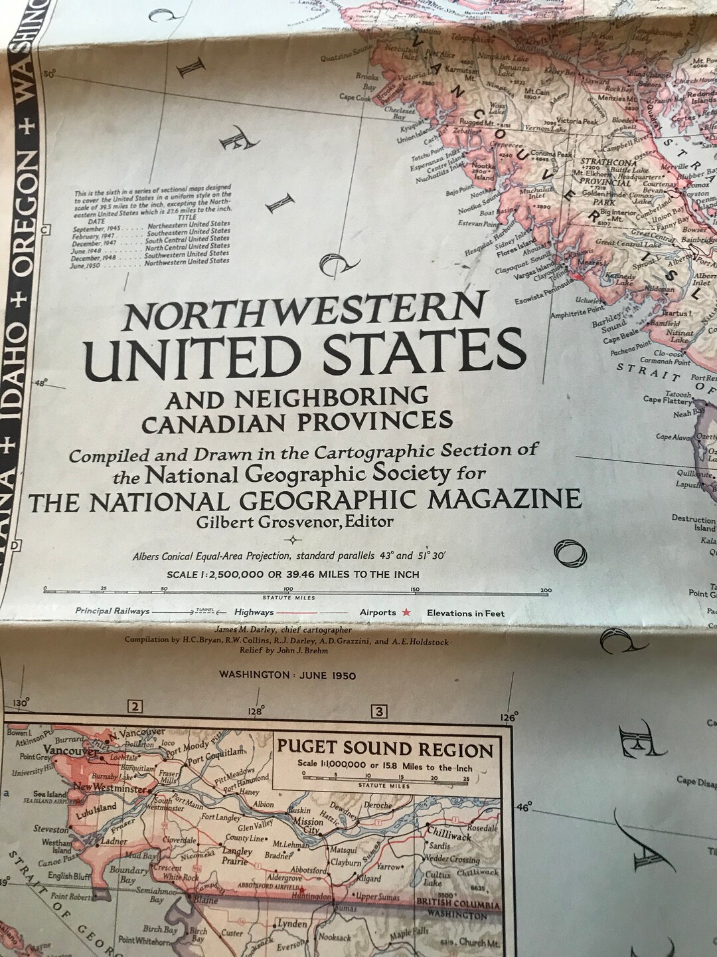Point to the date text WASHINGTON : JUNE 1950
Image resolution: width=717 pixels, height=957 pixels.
[x=287, y=675]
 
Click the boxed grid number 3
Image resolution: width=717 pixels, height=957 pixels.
[x=379, y=712]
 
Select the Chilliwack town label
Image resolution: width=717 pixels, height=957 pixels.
[x=449, y=834]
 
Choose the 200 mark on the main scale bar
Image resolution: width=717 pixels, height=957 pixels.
[x=546, y=589]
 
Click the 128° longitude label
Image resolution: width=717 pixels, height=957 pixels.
[x=256, y=711]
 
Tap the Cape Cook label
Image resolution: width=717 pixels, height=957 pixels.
[x=355, y=98]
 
